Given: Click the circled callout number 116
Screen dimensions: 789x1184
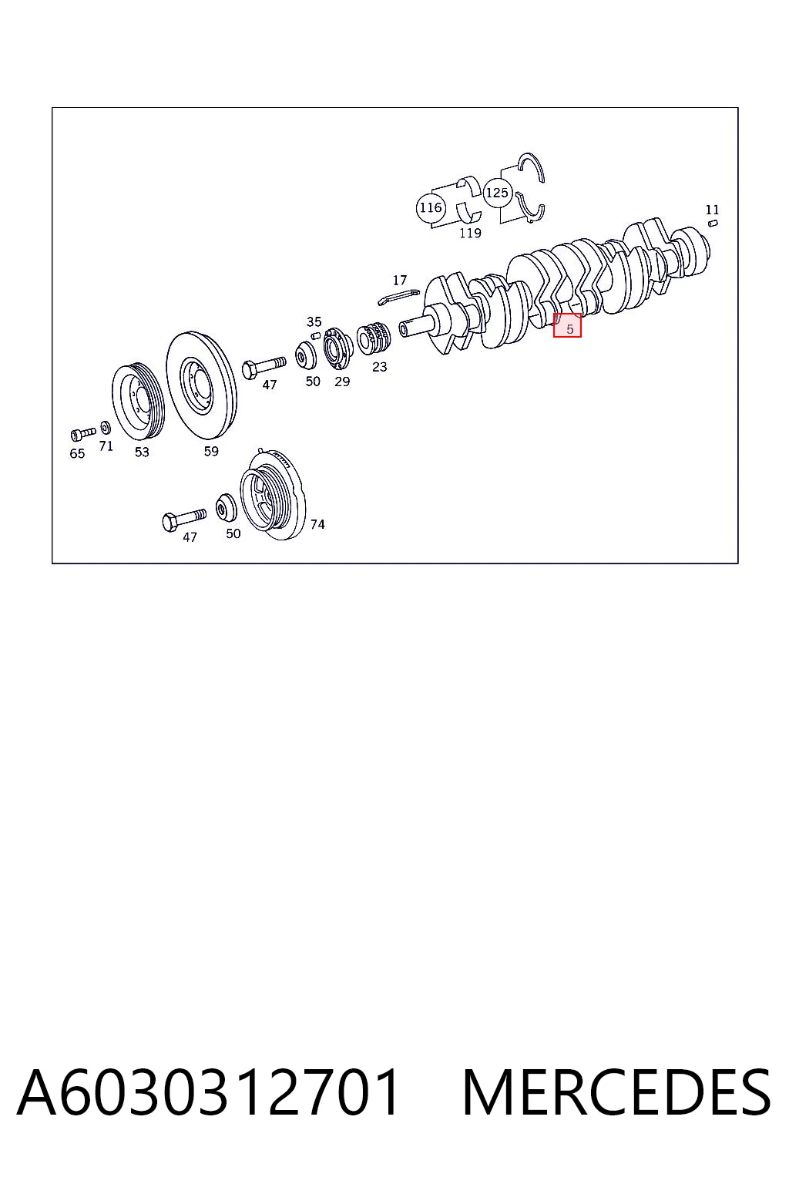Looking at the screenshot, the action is click(431, 207).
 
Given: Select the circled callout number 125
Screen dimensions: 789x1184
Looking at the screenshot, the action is click(497, 193).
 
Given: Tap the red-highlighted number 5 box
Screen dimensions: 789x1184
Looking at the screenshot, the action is click(567, 325).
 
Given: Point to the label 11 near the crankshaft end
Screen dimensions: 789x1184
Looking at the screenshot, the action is click(712, 210).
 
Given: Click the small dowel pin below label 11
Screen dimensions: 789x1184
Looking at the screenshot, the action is click(712, 224).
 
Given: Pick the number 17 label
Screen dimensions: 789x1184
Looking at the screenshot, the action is click(400, 280).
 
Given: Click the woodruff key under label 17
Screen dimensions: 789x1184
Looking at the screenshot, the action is click(398, 297).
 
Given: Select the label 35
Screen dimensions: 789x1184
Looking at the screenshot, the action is click(314, 321).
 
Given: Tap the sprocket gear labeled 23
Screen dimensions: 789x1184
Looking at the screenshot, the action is click(374, 338).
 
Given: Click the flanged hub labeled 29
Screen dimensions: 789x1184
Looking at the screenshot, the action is click(338, 348).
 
